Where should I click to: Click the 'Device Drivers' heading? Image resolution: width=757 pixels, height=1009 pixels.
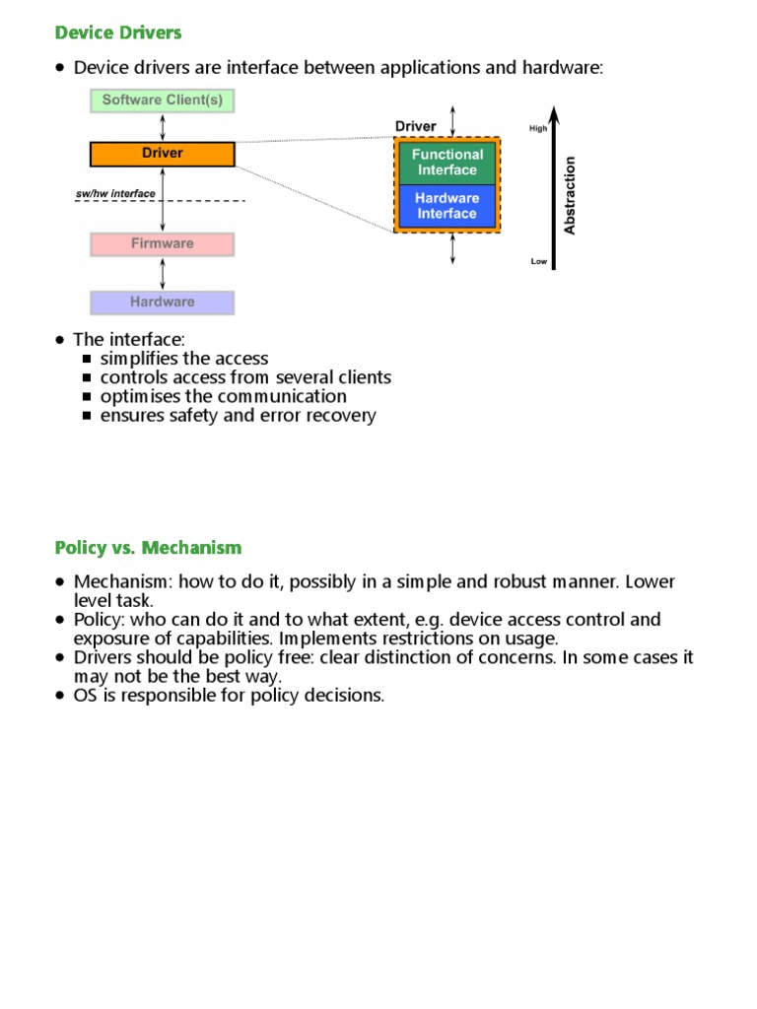118,33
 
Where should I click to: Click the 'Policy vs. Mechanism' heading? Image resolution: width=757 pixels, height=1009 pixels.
148,547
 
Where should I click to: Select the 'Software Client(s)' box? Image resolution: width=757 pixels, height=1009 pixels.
163,101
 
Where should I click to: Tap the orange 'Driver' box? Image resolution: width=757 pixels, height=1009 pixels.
163,154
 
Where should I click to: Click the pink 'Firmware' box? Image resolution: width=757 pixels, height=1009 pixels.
163,243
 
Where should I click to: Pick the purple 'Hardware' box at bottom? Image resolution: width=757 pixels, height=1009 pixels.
163,302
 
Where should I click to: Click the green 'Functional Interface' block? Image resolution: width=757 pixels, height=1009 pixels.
447,163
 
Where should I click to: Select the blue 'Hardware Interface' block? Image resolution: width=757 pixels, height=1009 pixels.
447,206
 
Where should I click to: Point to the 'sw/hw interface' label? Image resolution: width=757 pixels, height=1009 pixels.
115,194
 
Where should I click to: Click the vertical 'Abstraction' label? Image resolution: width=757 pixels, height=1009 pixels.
570,195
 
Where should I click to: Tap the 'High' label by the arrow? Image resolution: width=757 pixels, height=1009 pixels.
538,129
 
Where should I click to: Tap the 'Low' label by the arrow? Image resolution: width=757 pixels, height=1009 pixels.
538,261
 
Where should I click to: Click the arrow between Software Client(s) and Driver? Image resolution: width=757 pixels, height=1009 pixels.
163,127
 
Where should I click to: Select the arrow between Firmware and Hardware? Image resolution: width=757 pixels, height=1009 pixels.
163,273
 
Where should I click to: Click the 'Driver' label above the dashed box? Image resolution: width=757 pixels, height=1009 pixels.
415,126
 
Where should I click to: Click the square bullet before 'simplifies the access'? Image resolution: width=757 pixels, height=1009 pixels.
88,360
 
